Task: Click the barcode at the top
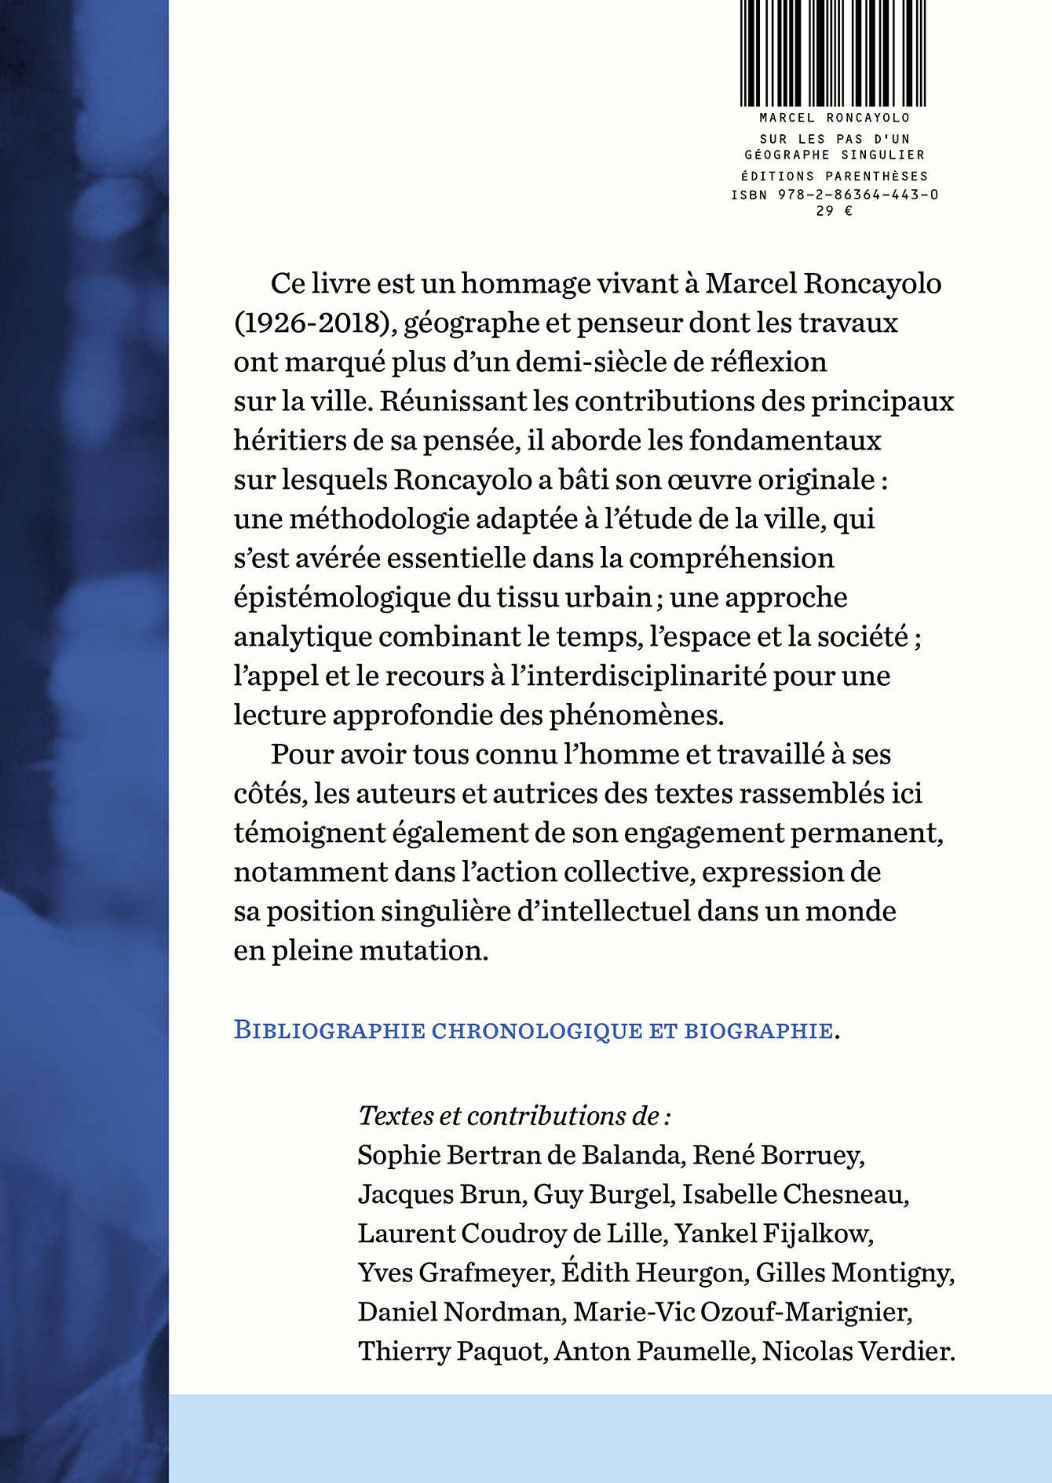click(x=834, y=53)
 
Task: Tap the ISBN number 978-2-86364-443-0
click(x=858, y=195)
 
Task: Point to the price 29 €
click(x=834, y=211)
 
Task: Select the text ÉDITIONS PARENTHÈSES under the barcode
click(x=835, y=176)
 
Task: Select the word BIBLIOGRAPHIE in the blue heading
click(x=330, y=1029)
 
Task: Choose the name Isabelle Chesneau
click(x=794, y=1194)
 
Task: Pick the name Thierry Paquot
click(x=451, y=1351)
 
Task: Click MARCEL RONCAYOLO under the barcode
click(x=835, y=118)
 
